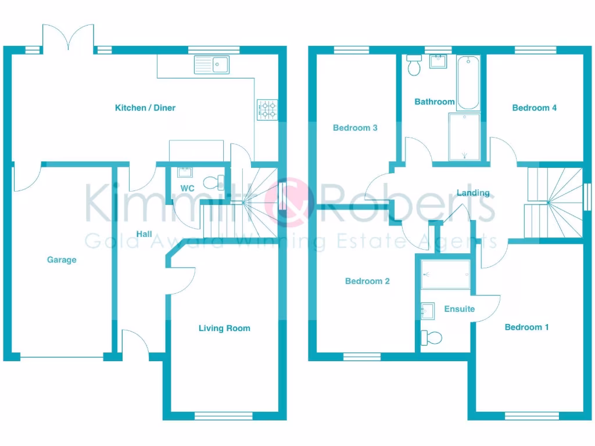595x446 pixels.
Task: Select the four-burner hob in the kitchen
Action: [267, 110]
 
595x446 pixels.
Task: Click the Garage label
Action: [62, 260]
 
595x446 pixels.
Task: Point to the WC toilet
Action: [214, 182]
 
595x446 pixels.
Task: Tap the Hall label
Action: [144, 234]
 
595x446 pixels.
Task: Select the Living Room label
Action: [224, 328]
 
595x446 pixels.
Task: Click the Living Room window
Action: [224, 415]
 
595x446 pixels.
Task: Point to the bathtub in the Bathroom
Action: [468, 83]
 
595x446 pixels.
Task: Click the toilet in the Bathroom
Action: [414, 66]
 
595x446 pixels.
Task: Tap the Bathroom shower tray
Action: [464, 137]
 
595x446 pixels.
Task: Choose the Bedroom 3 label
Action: [355, 128]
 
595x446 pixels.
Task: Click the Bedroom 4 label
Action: [534, 108]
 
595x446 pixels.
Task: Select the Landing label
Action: [473, 193]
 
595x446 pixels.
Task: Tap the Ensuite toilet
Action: [432, 337]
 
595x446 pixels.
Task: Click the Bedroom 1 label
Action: [526, 328]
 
